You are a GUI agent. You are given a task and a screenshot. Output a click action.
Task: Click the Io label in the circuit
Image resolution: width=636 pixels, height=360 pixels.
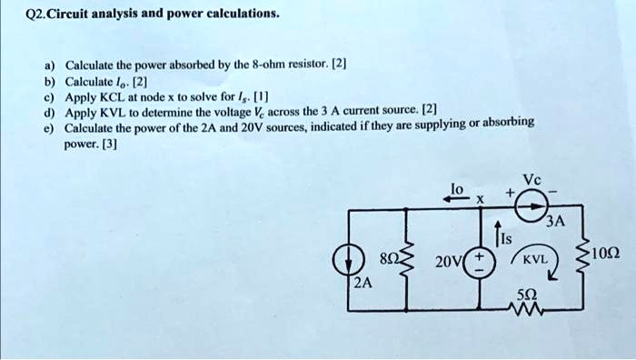[458, 187]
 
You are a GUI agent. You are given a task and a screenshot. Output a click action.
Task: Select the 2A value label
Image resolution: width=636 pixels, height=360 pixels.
[363, 284]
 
